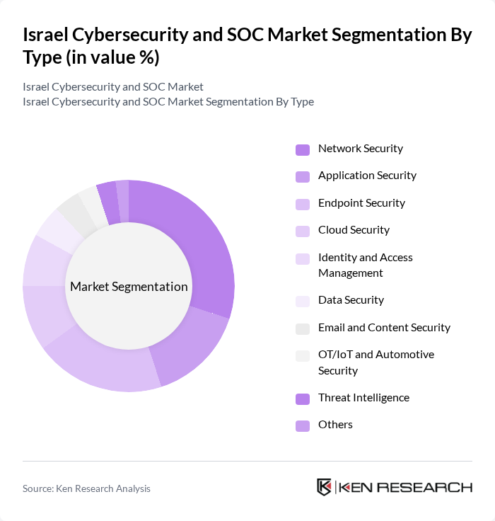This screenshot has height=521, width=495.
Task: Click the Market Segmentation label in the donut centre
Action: [129, 287]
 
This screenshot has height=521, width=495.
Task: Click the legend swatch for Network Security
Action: [303, 149]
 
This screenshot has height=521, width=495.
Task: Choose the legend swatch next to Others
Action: [303, 425]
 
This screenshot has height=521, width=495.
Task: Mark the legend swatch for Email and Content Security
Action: [303, 328]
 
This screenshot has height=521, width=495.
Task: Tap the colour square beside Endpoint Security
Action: [303, 204]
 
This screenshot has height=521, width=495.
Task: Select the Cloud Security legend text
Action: [354, 230]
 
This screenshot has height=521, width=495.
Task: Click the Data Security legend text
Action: [351, 300]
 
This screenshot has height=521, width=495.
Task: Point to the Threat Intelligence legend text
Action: [363, 398]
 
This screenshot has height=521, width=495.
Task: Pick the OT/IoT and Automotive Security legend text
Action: [376, 362]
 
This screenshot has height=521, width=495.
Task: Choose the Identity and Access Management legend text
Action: [366, 265]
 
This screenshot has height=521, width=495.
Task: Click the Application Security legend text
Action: [367, 176]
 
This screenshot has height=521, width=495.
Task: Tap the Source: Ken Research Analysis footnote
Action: [86, 488]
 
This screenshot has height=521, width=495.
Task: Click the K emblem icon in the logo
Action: [325, 487]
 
